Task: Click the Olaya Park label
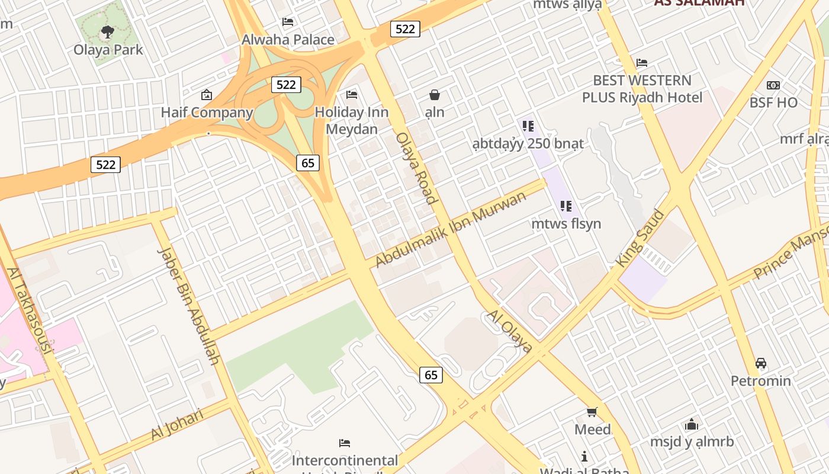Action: [108, 50]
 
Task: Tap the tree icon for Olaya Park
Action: [107, 32]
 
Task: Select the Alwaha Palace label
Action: [288, 40]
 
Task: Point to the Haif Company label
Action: [207, 113]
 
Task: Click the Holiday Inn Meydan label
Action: [352, 120]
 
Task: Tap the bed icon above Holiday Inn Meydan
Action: [352, 95]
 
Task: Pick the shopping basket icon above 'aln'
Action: [435, 95]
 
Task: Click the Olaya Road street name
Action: [416, 168]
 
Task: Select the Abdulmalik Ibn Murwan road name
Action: [451, 229]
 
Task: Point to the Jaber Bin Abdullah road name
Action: [189, 306]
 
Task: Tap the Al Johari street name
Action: [177, 424]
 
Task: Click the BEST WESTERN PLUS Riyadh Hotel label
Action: [642, 89]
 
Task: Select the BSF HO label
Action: [773, 103]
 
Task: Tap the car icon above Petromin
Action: [761, 363]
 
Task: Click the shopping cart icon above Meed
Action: [592, 412]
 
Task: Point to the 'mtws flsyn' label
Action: [566, 224]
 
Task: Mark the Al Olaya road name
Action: [509, 331]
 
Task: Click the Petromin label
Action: [761, 380]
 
